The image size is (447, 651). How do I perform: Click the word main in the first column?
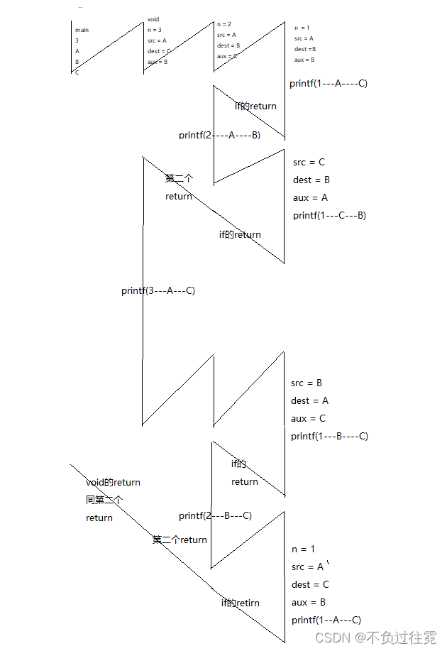(82, 31)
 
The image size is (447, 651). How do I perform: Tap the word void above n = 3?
(153, 19)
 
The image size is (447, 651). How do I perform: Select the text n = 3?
(155, 30)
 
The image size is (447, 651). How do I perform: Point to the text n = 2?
(224, 24)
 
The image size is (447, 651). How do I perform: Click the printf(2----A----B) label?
(219, 135)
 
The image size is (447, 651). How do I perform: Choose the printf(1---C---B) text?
(329, 215)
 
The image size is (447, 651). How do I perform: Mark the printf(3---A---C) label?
(158, 290)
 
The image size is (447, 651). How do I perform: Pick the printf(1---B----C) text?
(329, 436)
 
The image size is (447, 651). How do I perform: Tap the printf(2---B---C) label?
(215, 515)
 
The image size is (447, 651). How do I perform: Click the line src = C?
(309, 162)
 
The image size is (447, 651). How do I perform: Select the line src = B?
(307, 383)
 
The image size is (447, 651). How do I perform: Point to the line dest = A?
(309, 400)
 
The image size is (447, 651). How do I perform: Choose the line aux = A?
(310, 197)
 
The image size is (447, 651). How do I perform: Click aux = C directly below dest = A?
(308, 418)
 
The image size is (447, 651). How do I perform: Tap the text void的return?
(113, 482)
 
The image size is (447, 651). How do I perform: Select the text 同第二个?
(104, 500)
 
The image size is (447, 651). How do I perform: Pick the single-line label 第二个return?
(180, 540)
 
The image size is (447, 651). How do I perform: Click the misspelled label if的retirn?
(240, 603)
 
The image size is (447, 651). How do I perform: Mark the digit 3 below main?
(77, 41)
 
